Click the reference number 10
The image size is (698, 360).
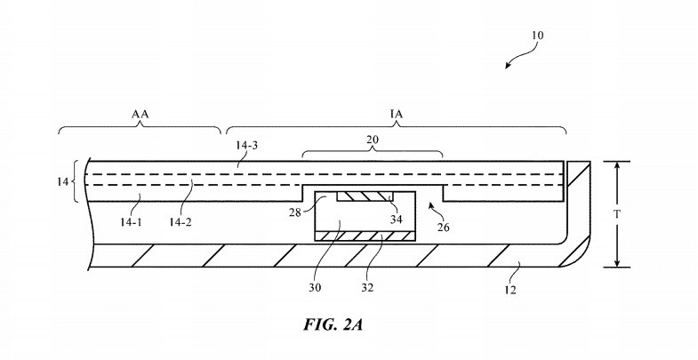tap(537, 36)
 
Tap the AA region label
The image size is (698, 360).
tap(140, 115)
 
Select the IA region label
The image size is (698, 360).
tap(397, 115)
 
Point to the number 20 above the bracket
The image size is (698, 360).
tap(373, 140)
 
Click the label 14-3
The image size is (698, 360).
tap(246, 146)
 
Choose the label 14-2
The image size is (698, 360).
tap(181, 221)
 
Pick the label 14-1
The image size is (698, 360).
tap(131, 221)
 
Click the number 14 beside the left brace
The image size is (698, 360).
tap(62, 181)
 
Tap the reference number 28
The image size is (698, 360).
tap(294, 212)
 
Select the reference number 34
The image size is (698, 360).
tap(396, 219)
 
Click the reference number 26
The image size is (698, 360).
tap(443, 228)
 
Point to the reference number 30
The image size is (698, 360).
tap(315, 287)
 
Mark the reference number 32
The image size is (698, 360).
tap(367, 287)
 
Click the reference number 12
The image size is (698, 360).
tap(510, 290)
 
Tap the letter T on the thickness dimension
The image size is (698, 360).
tap(616, 214)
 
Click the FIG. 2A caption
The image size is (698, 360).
tap(333, 324)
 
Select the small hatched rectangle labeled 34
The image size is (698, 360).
tap(365, 196)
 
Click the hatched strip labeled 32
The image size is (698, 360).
tap(365, 236)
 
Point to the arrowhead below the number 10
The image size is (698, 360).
tap(509, 66)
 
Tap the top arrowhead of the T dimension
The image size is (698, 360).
tap(617, 166)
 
